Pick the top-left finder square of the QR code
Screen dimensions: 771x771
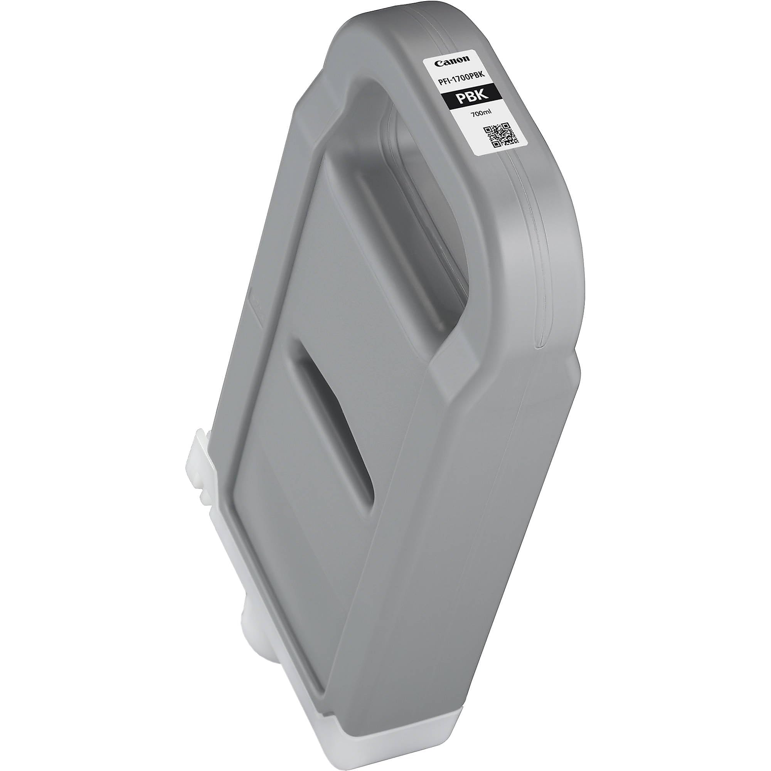487,130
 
